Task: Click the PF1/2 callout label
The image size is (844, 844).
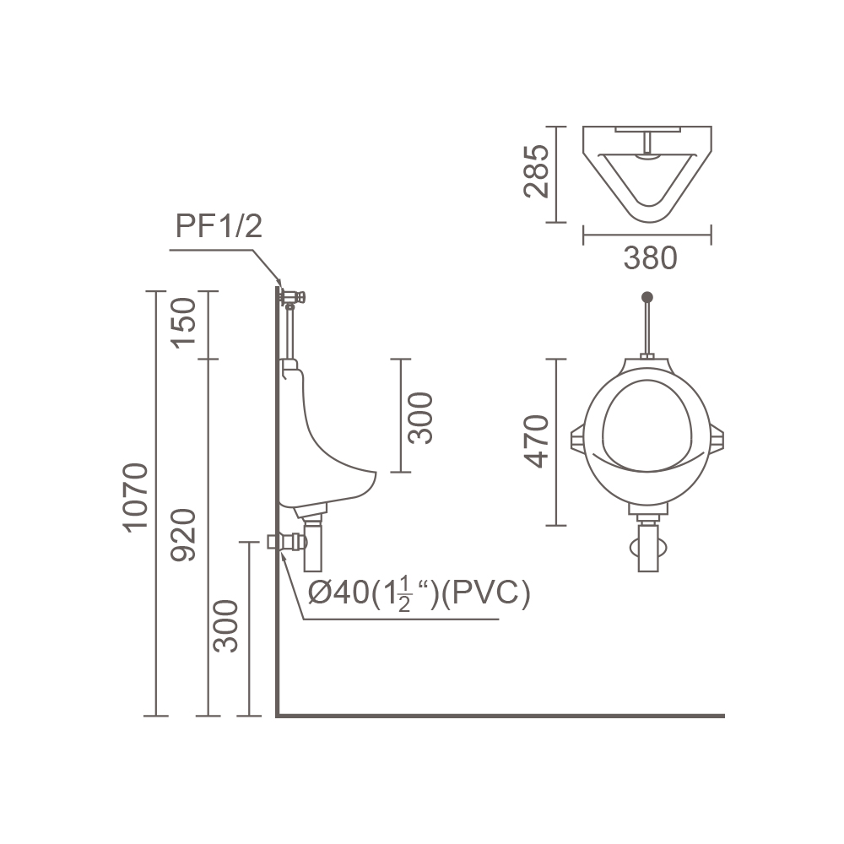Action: click(x=219, y=225)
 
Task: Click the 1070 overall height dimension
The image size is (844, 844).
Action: click(x=135, y=498)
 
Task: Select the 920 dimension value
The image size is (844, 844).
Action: click(x=183, y=535)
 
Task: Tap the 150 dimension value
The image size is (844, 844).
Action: click(x=183, y=323)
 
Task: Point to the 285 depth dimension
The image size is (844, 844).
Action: click(x=536, y=171)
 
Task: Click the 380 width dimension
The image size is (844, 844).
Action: click(x=650, y=257)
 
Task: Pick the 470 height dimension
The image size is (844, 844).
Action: click(x=536, y=441)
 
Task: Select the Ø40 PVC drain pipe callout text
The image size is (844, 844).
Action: click(x=419, y=593)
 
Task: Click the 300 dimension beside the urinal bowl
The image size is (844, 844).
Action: click(x=420, y=418)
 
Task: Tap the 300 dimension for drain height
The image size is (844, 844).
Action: click(x=225, y=626)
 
